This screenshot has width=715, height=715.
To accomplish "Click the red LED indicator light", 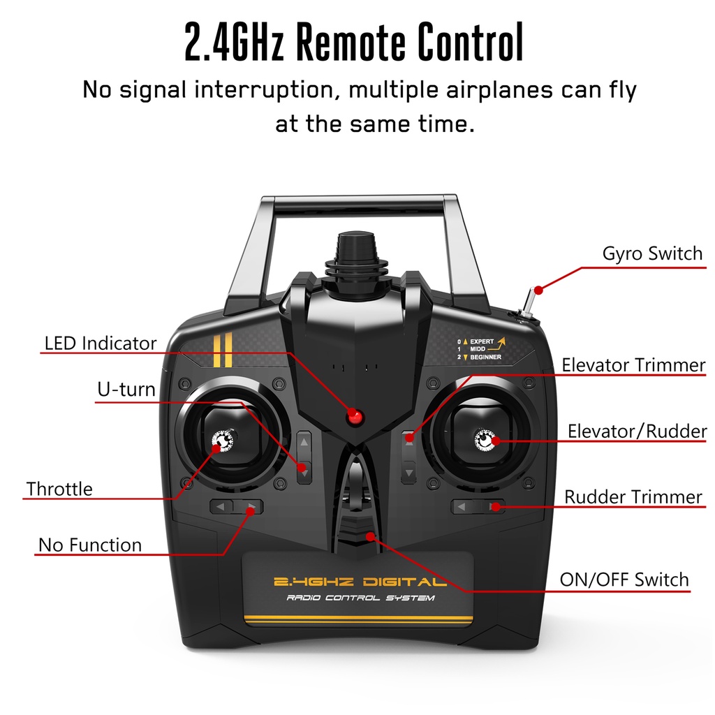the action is point(356,418).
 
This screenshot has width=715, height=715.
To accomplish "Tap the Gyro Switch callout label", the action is point(652,253).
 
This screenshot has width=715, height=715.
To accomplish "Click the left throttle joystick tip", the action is point(223,441).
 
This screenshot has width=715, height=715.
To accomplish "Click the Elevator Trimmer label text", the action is point(633,365).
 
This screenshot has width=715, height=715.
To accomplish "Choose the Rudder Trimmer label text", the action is point(633,497).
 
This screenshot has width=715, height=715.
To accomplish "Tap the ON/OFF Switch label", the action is point(624,580).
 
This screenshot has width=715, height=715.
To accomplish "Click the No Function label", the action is point(89,545).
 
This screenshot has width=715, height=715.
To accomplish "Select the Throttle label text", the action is point(59,489).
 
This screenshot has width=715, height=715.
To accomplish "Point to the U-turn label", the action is point(126,390).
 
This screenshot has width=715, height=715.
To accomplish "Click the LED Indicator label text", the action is point(101,344).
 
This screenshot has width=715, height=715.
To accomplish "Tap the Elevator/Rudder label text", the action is point(637,432).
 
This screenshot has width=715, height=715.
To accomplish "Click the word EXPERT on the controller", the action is point(481,341).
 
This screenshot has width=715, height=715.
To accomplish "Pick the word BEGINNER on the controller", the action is point(485,357).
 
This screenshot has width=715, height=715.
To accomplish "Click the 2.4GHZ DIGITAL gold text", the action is point(360,582).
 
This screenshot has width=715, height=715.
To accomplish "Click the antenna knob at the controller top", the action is point(356,256).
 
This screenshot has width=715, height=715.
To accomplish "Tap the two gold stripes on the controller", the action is point(223,351).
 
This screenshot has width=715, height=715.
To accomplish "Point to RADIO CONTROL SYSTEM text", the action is point(360,598).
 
